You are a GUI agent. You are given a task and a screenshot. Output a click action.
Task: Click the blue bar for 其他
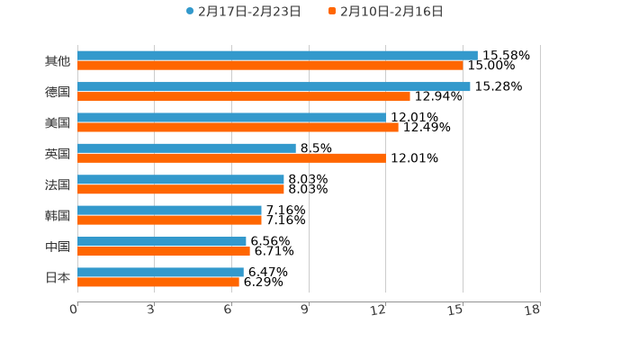(277, 56)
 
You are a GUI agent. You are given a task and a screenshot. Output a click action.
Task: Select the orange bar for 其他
(270, 66)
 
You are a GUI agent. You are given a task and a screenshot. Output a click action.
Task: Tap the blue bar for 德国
(274, 86)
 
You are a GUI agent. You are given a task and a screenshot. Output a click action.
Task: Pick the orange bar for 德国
(243, 96)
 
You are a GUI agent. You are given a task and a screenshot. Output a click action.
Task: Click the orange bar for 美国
(238, 127)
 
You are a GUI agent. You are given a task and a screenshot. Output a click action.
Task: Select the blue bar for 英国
(186, 148)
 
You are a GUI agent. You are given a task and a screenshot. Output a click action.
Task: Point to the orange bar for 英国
(231, 158)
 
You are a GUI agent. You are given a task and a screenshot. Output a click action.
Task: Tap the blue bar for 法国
(181, 179)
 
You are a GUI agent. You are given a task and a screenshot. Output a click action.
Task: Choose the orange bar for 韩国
(169, 220)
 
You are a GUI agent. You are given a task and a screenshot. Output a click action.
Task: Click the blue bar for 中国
(162, 241)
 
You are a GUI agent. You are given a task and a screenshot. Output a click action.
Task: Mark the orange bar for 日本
(158, 282)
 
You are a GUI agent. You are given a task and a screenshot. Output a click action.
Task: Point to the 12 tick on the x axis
(379, 310)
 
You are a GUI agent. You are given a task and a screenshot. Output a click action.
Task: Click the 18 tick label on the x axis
(533, 310)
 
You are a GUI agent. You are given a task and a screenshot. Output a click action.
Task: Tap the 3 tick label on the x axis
(151, 310)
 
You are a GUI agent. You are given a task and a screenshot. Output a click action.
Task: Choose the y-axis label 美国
(58, 122)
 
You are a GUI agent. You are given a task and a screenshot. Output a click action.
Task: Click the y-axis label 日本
(58, 277)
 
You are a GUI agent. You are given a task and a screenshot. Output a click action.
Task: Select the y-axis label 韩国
(58, 215)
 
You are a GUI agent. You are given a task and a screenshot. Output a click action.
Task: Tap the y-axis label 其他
(58, 61)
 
